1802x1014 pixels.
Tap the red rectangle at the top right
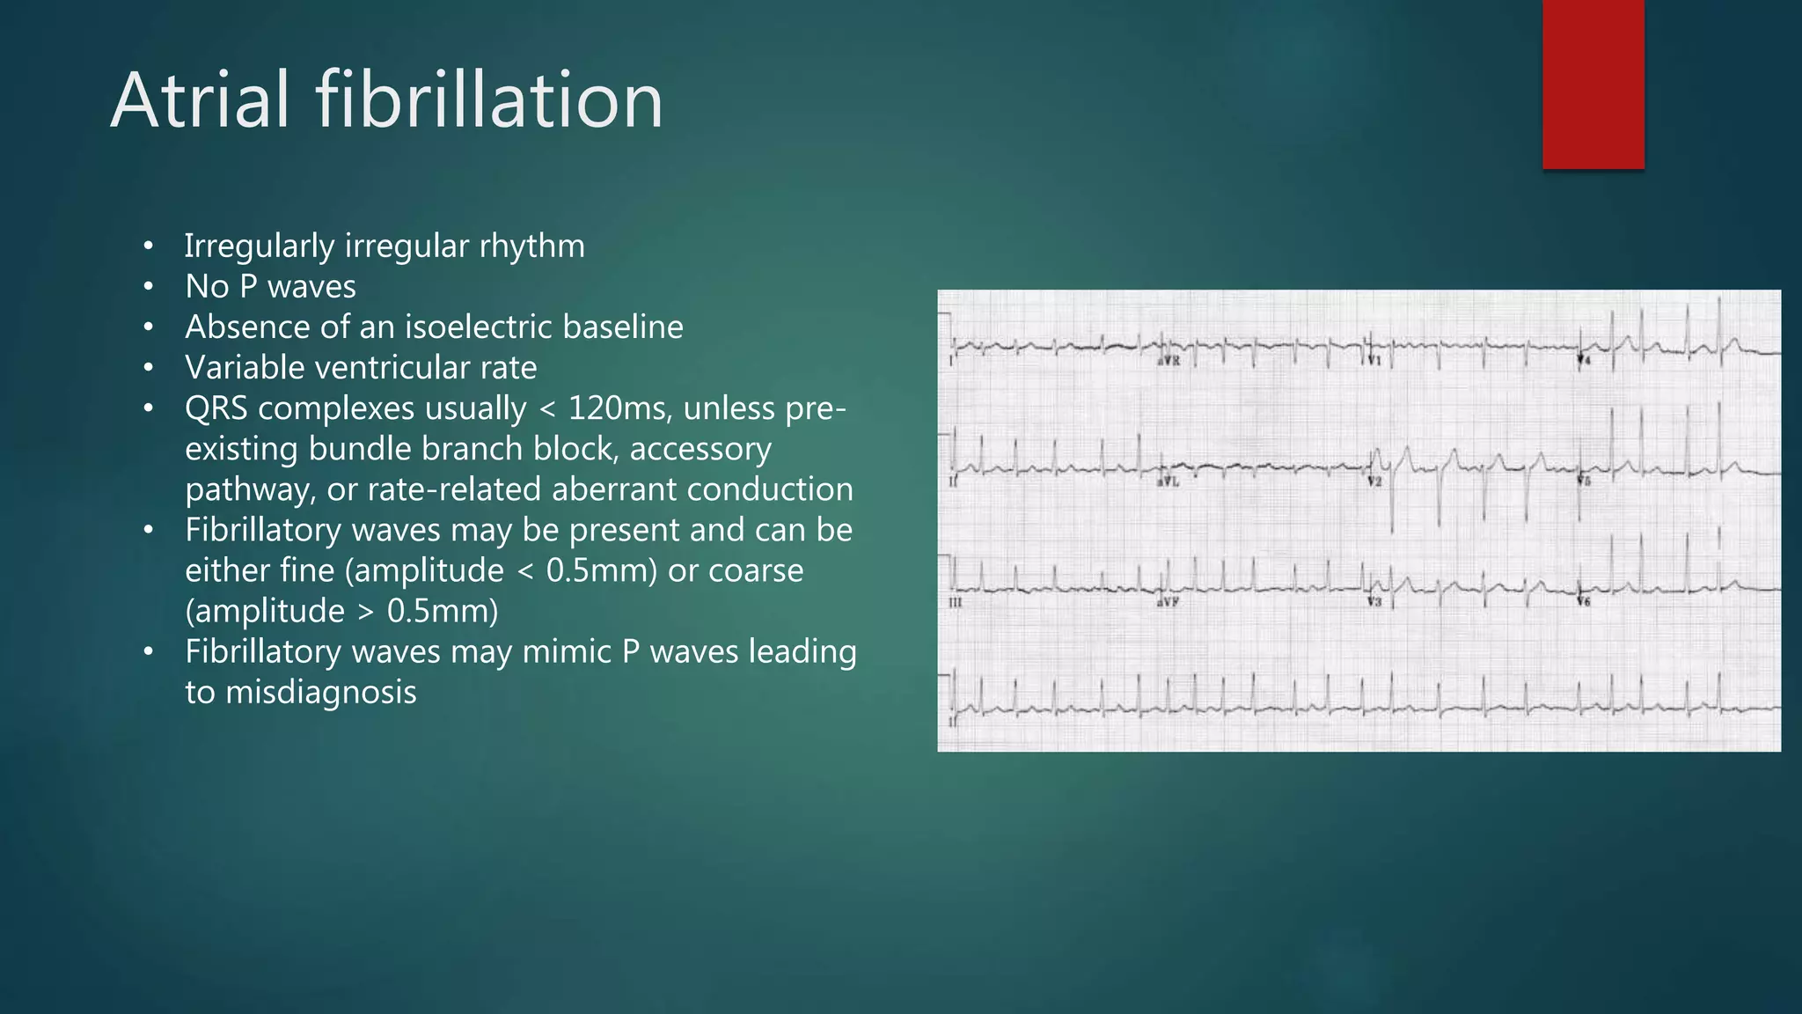[x=1593, y=84]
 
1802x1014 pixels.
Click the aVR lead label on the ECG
[x=1168, y=362]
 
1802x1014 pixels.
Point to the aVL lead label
[x=1168, y=481]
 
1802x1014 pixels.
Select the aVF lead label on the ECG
[x=1168, y=602]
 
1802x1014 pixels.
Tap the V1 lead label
[x=1374, y=362]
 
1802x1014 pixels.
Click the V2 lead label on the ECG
[x=1374, y=481]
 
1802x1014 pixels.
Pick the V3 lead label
[x=1374, y=602]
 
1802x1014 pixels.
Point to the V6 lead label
[x=1584, y=602]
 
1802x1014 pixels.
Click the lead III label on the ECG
[x=956, y=602]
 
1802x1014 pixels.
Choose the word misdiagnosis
[x=320, y=692]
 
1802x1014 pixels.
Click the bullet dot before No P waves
[x=149, y=287]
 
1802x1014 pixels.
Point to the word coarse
[x=755, y=570]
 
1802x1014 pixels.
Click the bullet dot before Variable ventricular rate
[x=149, y=368]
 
